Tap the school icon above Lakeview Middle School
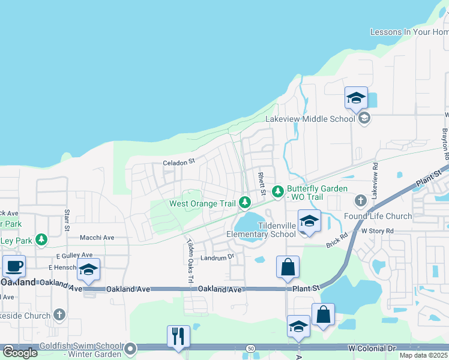pyautogui.click(x=356, y=98)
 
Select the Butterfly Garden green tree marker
pyautogui.click(x=277, y=191)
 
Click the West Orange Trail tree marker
pyautogui.click(x=245, y=203)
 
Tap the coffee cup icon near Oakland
pyautogui.click(x=14, y=266)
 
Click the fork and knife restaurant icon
pyautogui.click(x=178, y=336)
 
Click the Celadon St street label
pyautogui.click(x=179, y=162)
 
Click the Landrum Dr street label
pyautogui.click(x=217, y=258)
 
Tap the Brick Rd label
pyautogui.click(x=337, y=238)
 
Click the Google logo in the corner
pyautogui.click(x=20, y=353)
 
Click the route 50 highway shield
pyautogui.click(x=251, y=349)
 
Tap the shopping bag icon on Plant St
pyautogui.click(x=288, y=267)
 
